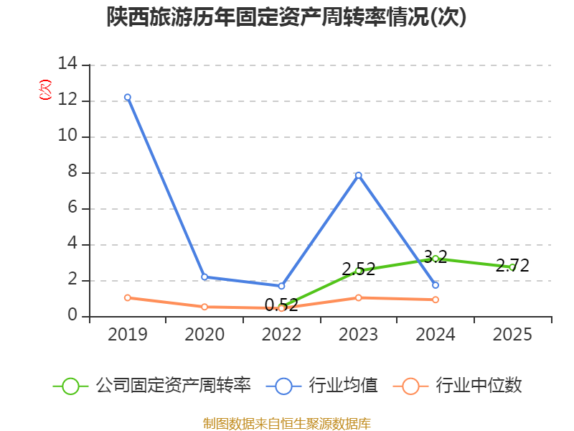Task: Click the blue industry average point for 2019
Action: (128, 97)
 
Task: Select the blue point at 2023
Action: (358, 175)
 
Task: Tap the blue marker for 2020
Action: (204, 277)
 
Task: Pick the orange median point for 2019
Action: (128, 297)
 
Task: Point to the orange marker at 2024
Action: (436, 300)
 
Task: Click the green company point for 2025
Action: (512, 267)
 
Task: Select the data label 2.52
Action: (358, 269)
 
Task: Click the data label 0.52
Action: (281, 305)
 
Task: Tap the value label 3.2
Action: (436, 256)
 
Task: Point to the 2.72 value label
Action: (512, 266)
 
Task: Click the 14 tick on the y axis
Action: (67, 64)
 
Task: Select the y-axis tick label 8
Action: (72, 172)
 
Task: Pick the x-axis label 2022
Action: (281, 334)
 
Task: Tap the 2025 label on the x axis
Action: (512, 334)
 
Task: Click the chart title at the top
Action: (286, 17)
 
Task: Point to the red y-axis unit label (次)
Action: (45, 89)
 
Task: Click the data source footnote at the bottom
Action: (286, 424)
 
